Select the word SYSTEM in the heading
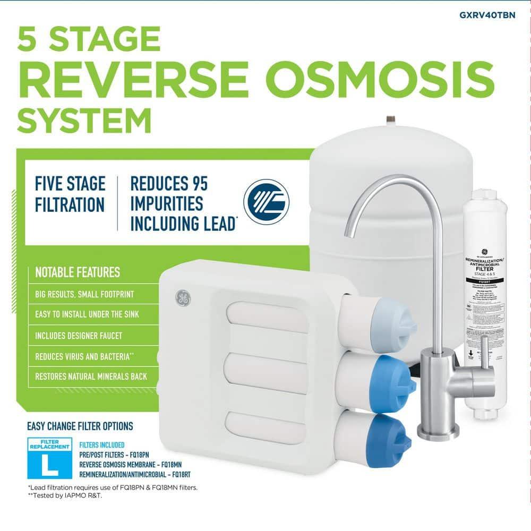84,121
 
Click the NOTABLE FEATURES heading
78,273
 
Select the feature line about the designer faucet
79,336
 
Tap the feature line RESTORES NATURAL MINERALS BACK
91,376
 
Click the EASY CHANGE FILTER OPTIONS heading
80,426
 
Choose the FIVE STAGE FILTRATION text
70,194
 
